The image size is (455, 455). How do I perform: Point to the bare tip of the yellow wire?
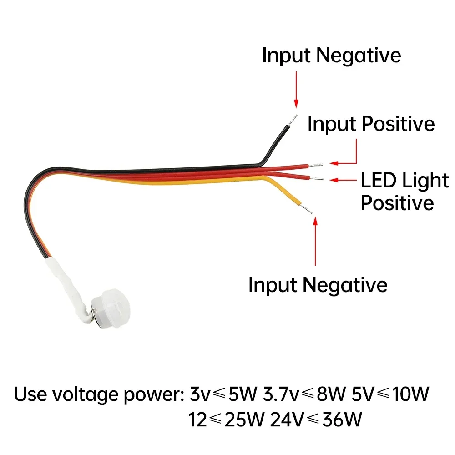point(309,210)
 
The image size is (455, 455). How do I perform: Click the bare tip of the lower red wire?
point(319,178)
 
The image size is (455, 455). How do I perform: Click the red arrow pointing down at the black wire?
point(296,89)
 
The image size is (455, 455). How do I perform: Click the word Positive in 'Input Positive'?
point(398,124)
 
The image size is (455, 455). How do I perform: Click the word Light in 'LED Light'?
point(425,181)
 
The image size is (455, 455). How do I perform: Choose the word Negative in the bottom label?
point(345,285)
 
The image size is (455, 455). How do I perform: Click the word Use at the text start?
point(30,394)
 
